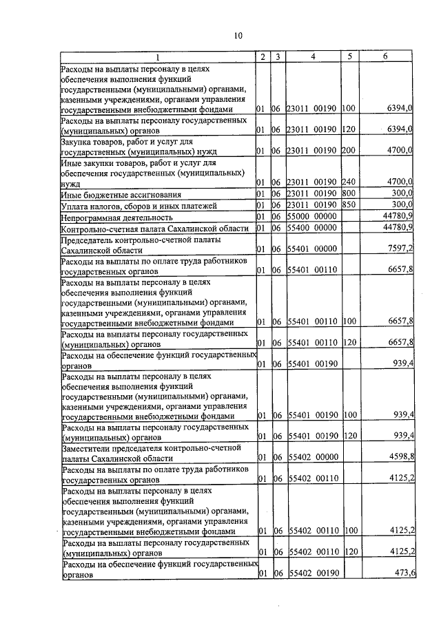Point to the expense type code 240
click(x=347, y=182)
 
